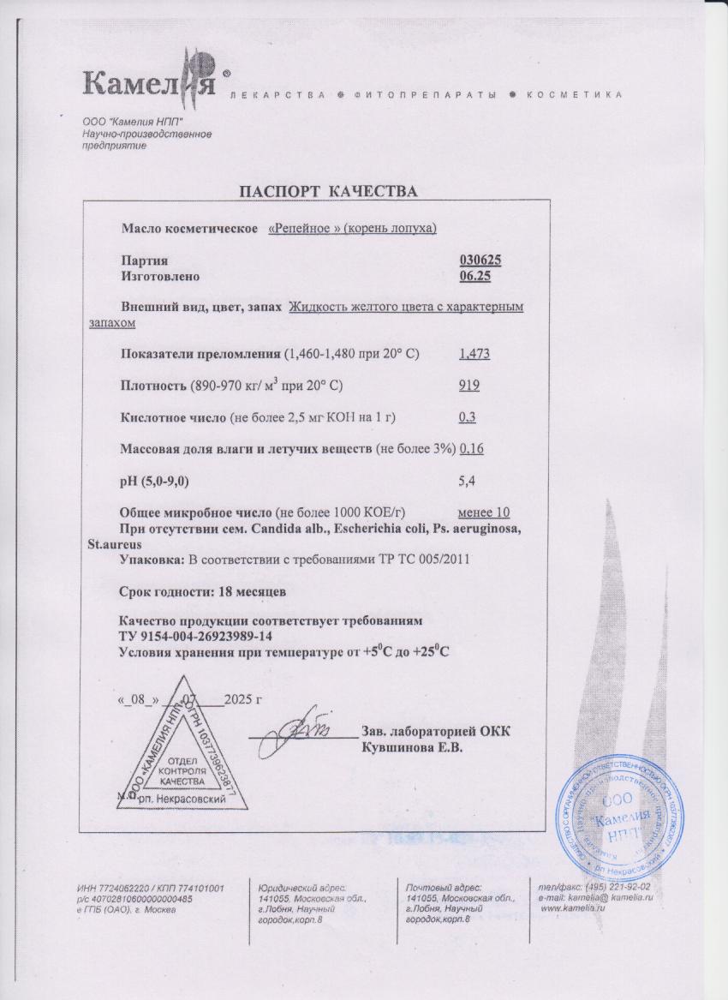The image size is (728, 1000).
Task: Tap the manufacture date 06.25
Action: [x=475, y=276]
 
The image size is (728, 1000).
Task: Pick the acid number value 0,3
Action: [x=468, y=417]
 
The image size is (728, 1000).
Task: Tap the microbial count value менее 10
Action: [x=484, y=512]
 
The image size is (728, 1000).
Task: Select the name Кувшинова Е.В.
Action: [x=413, y=747]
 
